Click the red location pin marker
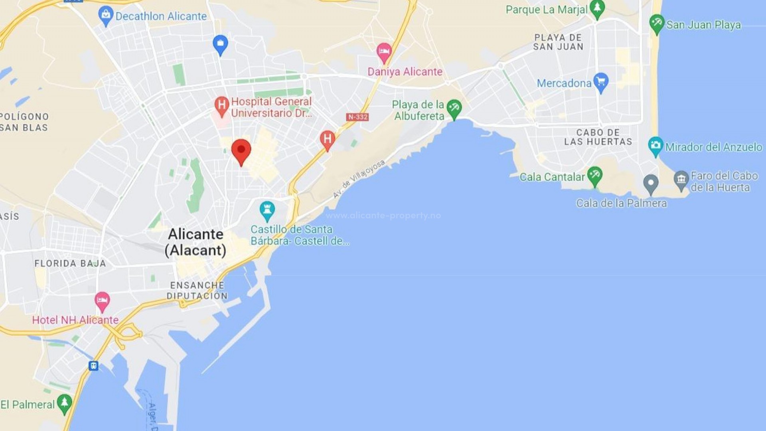coord(241,151)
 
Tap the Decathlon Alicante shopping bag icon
coord(105,16)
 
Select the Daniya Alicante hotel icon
coord(384,52)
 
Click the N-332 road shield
coord(357,117)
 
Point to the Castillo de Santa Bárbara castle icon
coord(267,210)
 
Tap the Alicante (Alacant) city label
coord(195,242)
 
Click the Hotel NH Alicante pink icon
coord(102,301)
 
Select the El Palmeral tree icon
coord(64,403)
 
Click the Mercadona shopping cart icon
coord(601,82)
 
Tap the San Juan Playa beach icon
coord(656,24)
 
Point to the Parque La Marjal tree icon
coord(597,9)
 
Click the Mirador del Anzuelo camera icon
coord(655,146)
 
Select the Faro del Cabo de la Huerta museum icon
coord(681,180)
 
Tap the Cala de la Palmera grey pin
coord(651,184)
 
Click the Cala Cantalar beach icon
coord(594,176)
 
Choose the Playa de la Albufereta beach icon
coord(454,109)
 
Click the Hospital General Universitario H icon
coord(221,106)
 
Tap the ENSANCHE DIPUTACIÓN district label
coord(197,291)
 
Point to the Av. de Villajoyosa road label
coord(359,179)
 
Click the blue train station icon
coord(93,366)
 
